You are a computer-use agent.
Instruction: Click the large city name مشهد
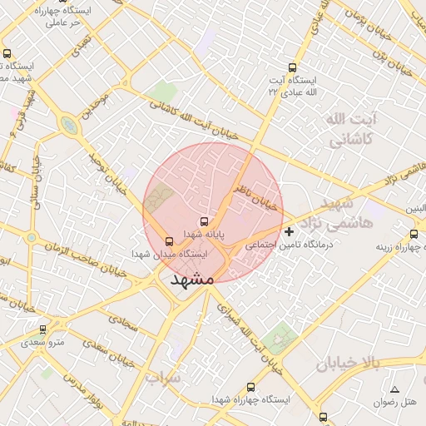tap(192, 280)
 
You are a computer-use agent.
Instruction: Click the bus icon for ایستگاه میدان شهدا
tap(171, 240)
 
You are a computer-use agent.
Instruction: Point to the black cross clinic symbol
tap(289, 231)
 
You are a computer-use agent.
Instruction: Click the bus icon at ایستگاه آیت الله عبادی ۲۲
tap(291, 68)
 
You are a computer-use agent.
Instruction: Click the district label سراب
tap(163, 379)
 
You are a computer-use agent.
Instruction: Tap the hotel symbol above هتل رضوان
tap(394, 390)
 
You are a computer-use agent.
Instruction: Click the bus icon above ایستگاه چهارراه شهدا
tap(251, 387)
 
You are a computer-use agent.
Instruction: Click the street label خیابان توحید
tap(106, 167)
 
